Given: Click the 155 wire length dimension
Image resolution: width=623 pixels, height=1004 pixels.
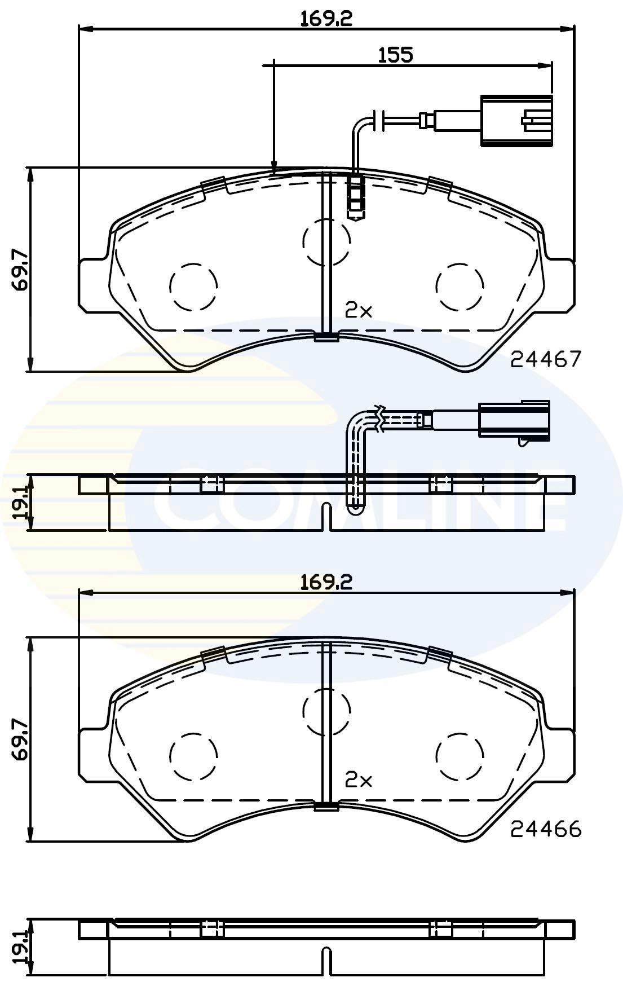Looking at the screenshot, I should [395, 55].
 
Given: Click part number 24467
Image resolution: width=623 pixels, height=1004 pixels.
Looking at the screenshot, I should [545, 359].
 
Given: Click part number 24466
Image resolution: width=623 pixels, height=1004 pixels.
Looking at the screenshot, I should [545, 829].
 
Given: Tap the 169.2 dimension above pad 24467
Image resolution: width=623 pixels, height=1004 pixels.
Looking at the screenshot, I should [326, 18].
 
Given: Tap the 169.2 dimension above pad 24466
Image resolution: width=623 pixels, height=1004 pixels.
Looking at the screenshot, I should [326, 582].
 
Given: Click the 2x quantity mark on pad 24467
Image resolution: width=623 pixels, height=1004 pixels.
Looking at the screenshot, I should [359, 310].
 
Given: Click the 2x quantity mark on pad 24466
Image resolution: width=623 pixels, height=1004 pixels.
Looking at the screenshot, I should [359, 780].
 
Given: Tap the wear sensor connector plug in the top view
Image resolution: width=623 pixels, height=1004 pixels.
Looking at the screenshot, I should [515, 121].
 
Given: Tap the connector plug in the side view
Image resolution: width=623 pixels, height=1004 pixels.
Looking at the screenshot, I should [513, 419].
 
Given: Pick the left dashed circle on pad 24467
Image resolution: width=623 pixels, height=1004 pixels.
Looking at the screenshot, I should [193, 287].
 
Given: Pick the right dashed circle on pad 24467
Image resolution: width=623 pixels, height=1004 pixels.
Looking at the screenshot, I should [459, 287].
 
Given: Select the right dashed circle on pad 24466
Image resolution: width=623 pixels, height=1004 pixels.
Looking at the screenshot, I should [459, 757].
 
